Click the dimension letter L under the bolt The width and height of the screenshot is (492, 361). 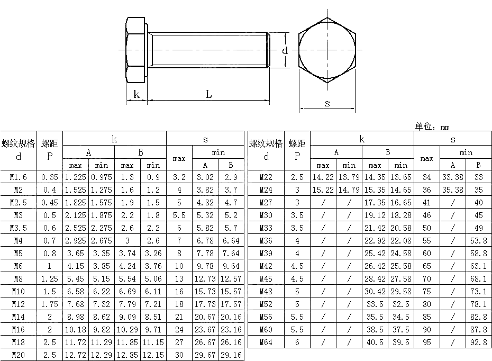click(208, 94)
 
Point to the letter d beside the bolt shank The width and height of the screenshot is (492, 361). click(285, 51)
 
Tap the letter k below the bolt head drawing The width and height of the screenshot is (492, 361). click(136, 94)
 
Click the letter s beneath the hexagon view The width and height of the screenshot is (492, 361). click(327, 103)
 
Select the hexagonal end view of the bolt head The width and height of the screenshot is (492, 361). click(327, 50)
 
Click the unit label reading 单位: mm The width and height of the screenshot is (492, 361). click(432, 127)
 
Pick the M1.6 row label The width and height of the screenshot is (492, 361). click(19, 177)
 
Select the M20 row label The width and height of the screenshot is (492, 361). click(19, 355)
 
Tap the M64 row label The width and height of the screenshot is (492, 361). click(266, 342)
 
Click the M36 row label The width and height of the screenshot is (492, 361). click(266, 240)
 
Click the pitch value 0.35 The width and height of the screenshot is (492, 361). click(50, 177)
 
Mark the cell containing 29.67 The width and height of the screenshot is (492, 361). click(205, 355)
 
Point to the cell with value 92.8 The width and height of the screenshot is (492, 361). click(478, 342)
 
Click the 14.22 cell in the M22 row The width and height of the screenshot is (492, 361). click(323, 177)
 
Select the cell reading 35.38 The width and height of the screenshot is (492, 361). click(452, 189)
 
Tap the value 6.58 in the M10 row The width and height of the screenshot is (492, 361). click(76, 291)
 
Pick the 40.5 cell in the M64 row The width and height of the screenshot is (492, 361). click(375, 342)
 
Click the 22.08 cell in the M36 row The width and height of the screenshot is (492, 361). click(400, 240)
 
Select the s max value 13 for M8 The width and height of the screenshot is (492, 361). click(179, 278)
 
